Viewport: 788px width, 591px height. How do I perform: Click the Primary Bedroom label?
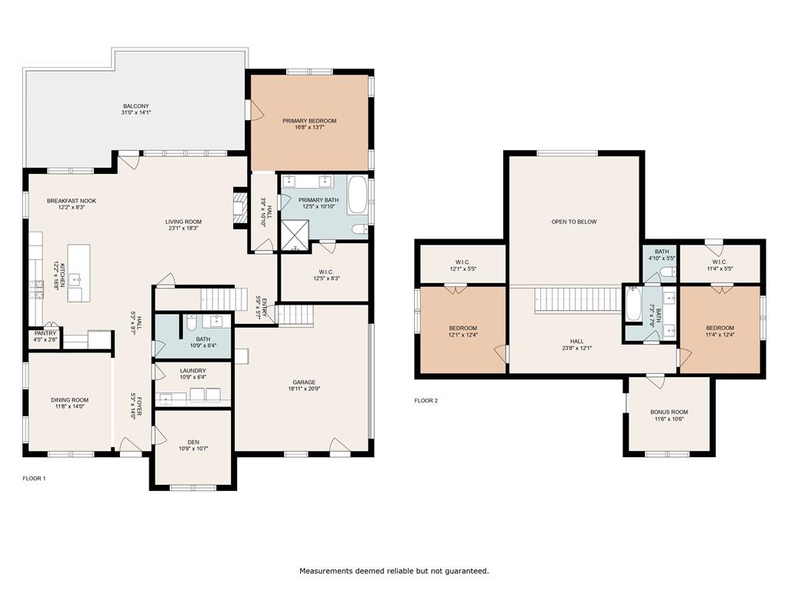pyautogui.click(x=309, y=121)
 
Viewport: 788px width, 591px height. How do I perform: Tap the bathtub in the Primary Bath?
pyautogui.click(x=358, y=196)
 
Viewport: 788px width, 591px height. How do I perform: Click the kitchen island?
pyautogui.click(x=78, y=273)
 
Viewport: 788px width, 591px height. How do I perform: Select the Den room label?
pyautogui.click(x=192, y=442)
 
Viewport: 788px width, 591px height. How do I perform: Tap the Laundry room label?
pyautogui.click(x=192, y=370)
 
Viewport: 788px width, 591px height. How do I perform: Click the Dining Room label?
pyautogui.click(x=70, y=399)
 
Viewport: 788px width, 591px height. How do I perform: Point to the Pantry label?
pyautogui.click(x=45, y=333)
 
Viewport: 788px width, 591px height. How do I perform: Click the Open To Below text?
pyautogui.click(x=573, y=222)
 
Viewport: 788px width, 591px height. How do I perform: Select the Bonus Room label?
pyautogui.click(x=669, y=412)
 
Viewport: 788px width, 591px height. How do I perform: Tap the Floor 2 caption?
pyautogui.click(x=426, y=400)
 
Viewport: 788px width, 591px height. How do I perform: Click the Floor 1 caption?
pyautogui.click(x=34, y=479)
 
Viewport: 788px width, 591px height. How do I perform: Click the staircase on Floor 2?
pyautogui.click(x=577, y=299)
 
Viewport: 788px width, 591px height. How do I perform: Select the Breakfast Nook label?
pyautogui.click(x=71, y=201)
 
